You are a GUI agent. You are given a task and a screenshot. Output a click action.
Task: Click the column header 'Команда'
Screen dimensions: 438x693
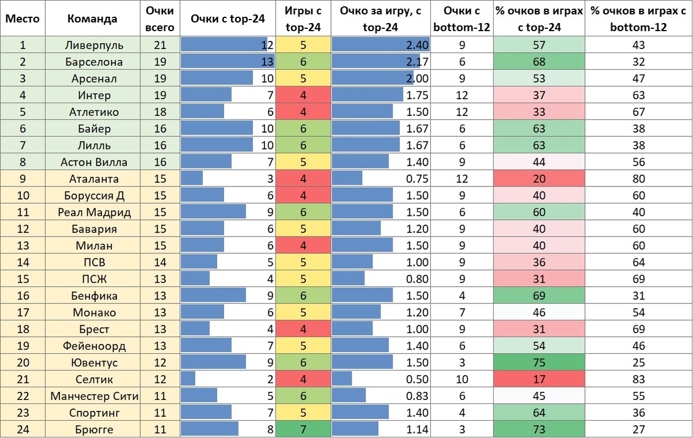click(92, 18)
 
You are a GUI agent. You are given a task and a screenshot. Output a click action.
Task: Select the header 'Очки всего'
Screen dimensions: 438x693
click(160, 18)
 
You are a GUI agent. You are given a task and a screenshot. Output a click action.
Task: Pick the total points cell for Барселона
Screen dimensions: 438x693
click(160, 62)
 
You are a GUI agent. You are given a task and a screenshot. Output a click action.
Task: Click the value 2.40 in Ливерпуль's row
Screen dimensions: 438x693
click(417, 45)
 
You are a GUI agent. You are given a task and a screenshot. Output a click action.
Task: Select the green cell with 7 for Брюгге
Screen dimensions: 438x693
click(303, 429)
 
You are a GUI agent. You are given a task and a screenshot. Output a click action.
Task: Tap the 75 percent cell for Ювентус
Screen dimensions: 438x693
click(539, 362)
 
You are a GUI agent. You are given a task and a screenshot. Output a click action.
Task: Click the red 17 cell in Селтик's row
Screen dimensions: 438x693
click(539, 379)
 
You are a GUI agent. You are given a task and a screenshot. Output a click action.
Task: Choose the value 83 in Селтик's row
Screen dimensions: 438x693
click(638, 379)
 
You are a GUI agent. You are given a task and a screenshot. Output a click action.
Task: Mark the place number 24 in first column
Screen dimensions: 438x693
click(22, 429)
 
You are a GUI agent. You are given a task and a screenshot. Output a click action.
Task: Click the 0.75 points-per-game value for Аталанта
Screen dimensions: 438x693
click(417, 179)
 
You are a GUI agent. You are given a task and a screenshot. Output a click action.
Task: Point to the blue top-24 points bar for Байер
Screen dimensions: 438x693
click(217, 129)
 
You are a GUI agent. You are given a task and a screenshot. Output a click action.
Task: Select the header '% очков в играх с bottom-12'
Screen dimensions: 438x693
click(638, 18)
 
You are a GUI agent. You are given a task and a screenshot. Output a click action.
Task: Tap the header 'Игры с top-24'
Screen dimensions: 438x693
click(303, 18)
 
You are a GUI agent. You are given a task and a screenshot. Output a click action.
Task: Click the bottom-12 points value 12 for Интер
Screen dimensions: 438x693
click(461, 95)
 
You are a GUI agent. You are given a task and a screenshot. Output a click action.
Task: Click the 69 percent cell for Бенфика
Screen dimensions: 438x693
click(539, 296)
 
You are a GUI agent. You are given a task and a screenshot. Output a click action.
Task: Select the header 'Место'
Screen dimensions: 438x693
click(22, 18)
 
